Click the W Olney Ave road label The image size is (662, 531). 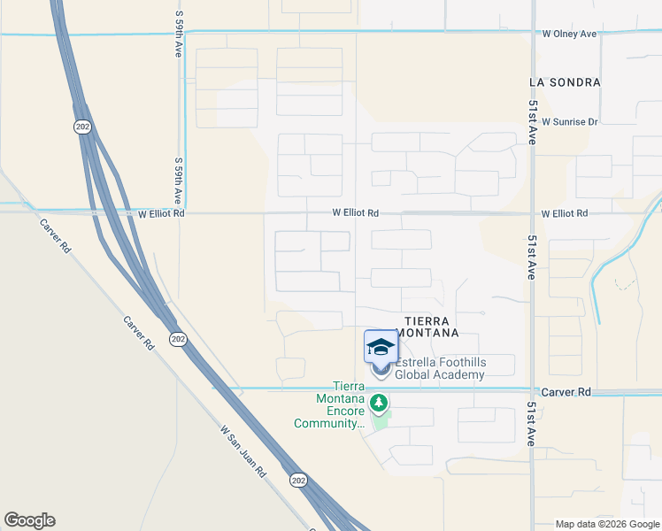(569, 35)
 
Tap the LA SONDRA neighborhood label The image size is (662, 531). (565, 82)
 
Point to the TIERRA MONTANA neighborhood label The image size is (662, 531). (431, 327)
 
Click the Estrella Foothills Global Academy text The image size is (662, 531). (440, 369)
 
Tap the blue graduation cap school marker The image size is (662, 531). (381, 346)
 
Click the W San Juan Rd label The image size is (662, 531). (243, 450)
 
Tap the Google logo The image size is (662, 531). (29, 520)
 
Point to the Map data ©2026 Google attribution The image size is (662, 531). (606, 524)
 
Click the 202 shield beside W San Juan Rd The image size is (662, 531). (298, 479)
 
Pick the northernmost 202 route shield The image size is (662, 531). (81, 127)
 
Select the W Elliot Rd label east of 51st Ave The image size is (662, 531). (564, 213)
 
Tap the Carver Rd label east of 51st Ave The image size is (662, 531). (567, 392)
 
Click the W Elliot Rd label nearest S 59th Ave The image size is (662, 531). (161, 213)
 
